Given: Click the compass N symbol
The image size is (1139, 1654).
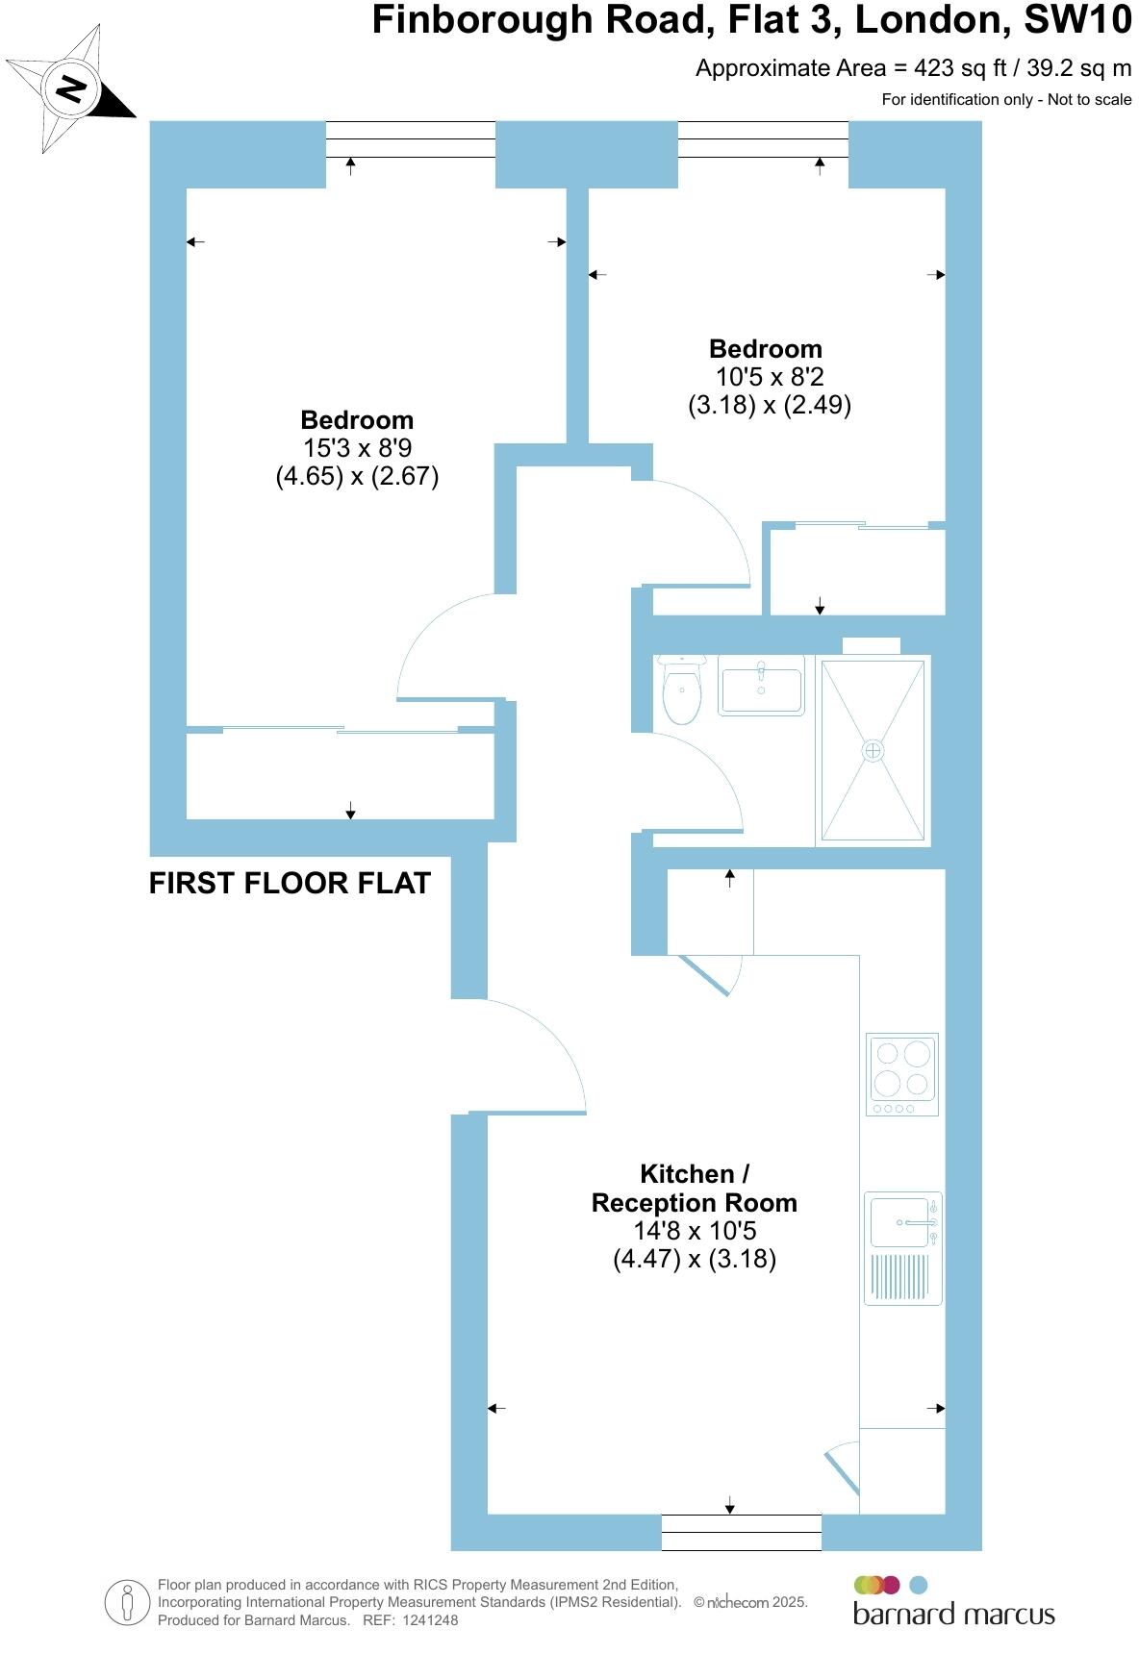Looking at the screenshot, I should pos(71,90).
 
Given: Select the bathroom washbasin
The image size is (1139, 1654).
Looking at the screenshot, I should pos(761,687).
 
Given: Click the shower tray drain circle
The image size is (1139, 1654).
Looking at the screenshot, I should pos(873,751).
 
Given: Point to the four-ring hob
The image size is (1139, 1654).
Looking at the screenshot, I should pos(902,1073).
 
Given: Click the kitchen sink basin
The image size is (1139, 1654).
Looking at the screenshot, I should pos(900,1222).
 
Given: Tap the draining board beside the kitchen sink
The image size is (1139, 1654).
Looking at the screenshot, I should pos(900,1277).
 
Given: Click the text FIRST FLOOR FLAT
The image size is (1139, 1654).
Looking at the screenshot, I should pos(290,884).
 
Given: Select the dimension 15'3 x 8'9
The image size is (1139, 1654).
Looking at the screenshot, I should pos(357,448).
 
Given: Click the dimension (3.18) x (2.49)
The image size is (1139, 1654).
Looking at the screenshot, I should pos(770,405).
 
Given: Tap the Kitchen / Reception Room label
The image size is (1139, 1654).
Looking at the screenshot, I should pos(694,1189).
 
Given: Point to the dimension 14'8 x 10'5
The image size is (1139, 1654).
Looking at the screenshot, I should pos(694,1231).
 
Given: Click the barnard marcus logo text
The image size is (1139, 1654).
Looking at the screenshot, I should pos(953,1613).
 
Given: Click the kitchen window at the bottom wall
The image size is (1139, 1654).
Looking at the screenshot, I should pos(741,1532).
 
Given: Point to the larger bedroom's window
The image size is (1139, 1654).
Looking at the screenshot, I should pos(411,140).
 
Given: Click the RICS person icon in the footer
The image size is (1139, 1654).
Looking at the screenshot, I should pos(127,1603).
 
